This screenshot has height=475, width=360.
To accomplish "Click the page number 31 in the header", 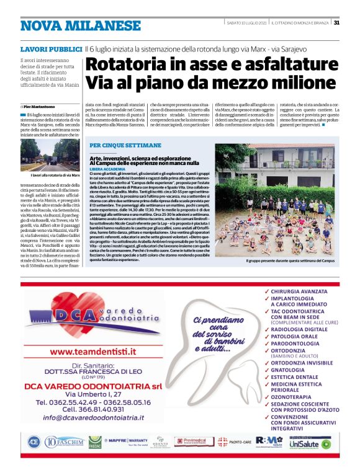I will click(x=336, y=23).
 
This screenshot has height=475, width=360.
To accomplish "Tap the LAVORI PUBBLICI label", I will click(x=51, y=48).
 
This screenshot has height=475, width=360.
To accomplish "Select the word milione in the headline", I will click(x=295, y=83).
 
